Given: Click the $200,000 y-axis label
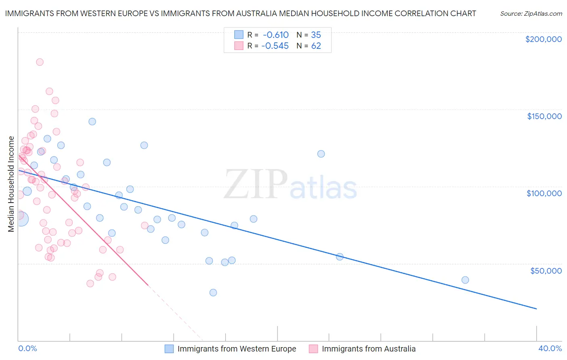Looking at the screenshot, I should tap(543, 39).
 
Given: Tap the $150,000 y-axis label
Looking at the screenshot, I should tap(544, 116).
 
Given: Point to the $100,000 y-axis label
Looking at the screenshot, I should tap(544, 193).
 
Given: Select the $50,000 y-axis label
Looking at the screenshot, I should tap(546, 270).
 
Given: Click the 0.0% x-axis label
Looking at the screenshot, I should tap(27, 348).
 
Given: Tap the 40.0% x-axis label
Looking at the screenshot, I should tap(550, 348).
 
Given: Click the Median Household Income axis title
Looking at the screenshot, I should tap(11, 184).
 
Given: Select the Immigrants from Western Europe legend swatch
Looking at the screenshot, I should tap(169, 349).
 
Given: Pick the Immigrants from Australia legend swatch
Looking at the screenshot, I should tap(313, 349).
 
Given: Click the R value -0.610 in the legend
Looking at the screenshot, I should tap(276, 35).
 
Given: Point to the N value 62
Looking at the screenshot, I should tap(316, 46).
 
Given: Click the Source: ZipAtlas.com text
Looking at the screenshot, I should tap(531, 14).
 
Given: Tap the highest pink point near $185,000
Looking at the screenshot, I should tap(40, 62).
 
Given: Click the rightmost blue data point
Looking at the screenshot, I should tap(465, 280).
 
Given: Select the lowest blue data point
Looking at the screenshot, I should tap(213, 293).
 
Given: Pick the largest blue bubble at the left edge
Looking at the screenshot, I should tap(21, 219).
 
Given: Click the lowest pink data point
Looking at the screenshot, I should tap(90, 284).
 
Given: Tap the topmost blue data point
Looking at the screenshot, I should tap(92, 121).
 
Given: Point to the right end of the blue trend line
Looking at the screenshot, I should tap(536, 309).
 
